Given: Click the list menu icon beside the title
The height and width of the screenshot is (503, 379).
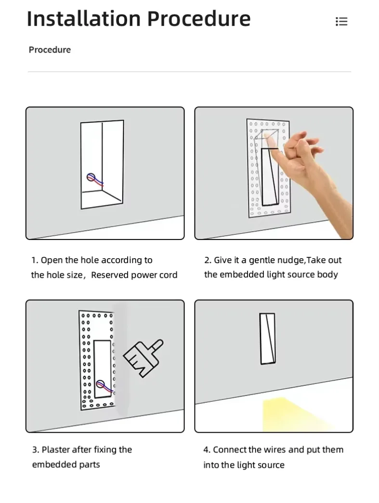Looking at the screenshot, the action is (341, 21).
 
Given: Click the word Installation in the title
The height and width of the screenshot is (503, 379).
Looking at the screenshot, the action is (84, 19).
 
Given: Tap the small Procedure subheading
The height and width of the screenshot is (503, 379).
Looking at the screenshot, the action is (50, 50).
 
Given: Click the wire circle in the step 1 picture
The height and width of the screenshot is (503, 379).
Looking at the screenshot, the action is (91, 177).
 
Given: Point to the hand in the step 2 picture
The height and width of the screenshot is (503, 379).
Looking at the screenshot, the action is (308, 173).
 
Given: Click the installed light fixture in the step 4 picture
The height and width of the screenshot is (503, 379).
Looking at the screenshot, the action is (268, 339).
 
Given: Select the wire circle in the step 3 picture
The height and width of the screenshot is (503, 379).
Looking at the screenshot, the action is (100, 384).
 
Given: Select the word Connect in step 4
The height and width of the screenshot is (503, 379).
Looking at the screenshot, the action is (230, 450).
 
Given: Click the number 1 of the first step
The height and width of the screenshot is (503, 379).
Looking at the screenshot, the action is (34, 260).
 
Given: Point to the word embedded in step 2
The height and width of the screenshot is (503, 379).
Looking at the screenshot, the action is (237, 275).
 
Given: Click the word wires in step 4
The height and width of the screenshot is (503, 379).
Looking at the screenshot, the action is (274, 450).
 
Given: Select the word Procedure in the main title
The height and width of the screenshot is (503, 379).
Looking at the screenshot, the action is (199, 19).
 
